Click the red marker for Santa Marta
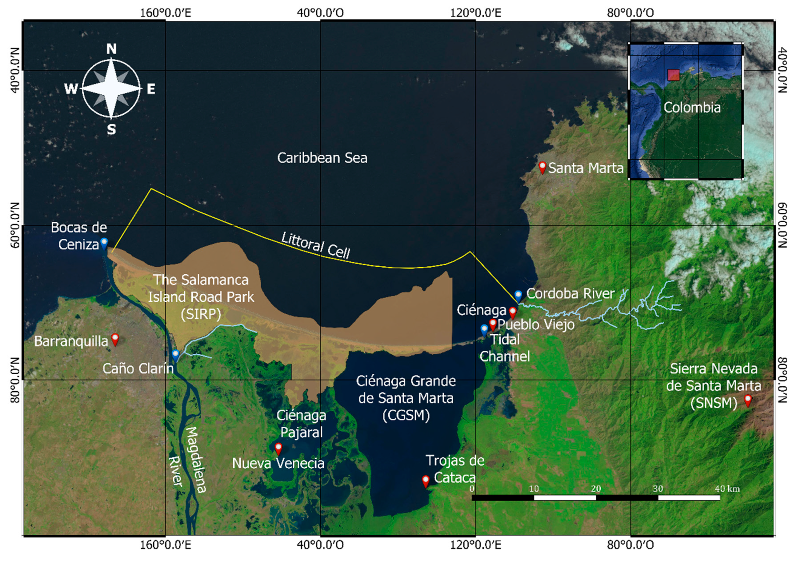tap(542, 168)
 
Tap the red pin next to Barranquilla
tap(115, 339)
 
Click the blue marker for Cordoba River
tap(518, 296)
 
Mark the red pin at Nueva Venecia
tap(278, 448)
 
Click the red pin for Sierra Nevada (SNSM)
tap(748, 400)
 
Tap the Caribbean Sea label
tap(322, 158)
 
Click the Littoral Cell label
tap(315, 245)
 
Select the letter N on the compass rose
tap(111, 49)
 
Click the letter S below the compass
tap(111, 130)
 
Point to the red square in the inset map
tap(674, 75)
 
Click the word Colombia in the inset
tap(692, 108)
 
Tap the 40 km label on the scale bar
tap(727, 489)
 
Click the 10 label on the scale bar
tap(534, 489)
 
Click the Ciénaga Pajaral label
tap(301, 424)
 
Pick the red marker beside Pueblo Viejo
tap(493, 324)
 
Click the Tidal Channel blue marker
tap(484, 330)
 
